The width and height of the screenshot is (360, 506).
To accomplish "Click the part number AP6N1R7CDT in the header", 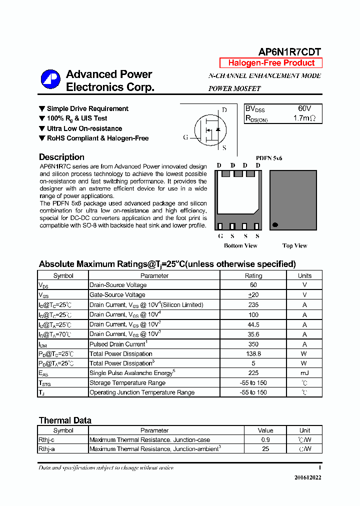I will point(289,52).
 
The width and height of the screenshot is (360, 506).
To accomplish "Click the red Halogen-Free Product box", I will point(271,63).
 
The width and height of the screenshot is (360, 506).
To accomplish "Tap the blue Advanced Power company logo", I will point(50,80).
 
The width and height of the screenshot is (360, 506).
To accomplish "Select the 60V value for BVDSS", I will point(304,108).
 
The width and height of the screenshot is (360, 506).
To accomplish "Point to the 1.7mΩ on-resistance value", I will point(304,118).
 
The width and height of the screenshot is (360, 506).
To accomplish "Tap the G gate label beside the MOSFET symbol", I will point(185,137).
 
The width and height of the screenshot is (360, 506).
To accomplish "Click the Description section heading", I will point(61,157).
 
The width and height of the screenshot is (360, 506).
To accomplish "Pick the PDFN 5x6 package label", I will point(269,158).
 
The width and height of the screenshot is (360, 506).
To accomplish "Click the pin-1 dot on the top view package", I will point(275,225).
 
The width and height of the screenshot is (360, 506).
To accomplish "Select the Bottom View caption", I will point(240,245).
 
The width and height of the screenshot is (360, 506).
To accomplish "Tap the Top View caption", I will point(294,245).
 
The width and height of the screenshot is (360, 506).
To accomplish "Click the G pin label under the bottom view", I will point(220,236).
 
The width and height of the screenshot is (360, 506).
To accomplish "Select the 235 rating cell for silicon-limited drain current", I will point(253,304).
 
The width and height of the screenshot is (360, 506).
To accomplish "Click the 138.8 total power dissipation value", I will point(253,353).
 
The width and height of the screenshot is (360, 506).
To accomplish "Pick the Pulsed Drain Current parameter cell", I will point(118,344).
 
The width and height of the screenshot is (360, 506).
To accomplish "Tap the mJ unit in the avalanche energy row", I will point(304,373).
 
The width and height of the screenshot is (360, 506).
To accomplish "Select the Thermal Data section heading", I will point(65,420).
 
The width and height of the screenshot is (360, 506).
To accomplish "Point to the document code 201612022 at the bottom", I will point(307,477).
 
